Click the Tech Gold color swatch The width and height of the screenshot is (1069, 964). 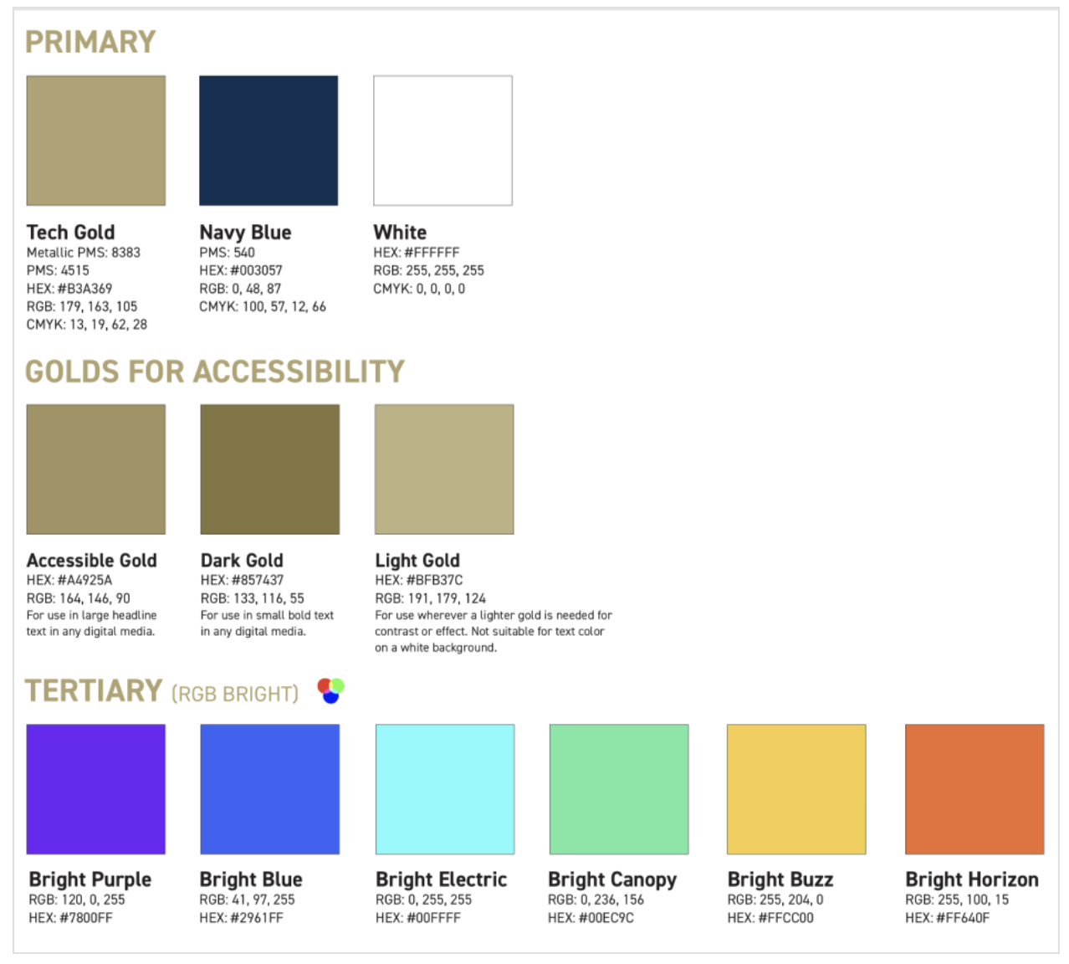point(96,141)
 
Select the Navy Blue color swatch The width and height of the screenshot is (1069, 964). point(269,141)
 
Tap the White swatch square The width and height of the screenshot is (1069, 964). point(442,141)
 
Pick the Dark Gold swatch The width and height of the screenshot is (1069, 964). point(269,469)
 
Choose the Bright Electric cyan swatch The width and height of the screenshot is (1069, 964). point(445,789)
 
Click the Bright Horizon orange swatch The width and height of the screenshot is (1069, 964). point(974,789)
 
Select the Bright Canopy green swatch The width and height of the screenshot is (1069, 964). point(619,789)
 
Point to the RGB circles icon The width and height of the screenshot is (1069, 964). point(331,691)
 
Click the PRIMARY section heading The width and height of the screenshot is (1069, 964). point(90,42)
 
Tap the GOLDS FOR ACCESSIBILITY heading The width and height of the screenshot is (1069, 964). point(215,372)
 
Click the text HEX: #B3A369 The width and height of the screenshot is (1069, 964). point(69,289)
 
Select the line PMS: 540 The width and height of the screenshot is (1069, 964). point(227,252)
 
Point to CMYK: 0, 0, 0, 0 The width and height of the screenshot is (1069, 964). point(419,289)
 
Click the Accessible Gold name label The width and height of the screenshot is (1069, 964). point(92,561)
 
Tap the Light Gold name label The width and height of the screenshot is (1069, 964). point(417,561)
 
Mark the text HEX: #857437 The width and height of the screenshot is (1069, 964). point(242,580)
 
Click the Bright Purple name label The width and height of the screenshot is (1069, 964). point(90,879)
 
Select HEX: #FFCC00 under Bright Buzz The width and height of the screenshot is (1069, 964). point(770,918)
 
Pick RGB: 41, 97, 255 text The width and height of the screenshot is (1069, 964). point(247,900)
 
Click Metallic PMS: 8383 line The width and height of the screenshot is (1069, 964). point(83,252)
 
